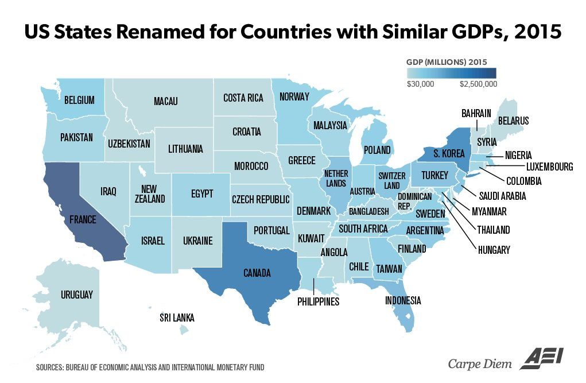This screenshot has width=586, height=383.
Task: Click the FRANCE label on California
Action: coord(83,220)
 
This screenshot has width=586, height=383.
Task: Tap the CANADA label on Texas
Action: coord(257,273)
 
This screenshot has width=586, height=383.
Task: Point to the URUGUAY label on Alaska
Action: coord(76,295)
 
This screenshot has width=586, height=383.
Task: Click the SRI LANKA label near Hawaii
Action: coord(177,318)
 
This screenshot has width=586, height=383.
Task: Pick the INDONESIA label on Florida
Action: coord(403,300)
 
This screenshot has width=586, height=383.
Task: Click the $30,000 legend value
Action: coord(421,84)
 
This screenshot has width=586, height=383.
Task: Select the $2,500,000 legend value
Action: coord(478,84)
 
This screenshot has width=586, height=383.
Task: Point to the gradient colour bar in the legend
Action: coord(451,73)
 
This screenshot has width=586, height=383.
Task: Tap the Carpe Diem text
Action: coord(481,363)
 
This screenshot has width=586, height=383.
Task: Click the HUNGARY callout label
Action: coord(493,250)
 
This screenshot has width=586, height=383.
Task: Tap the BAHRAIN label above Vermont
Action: coord(476,113)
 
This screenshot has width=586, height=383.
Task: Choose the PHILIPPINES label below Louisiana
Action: coord(319,301)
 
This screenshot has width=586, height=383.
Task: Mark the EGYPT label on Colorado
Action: coord(201,194)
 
